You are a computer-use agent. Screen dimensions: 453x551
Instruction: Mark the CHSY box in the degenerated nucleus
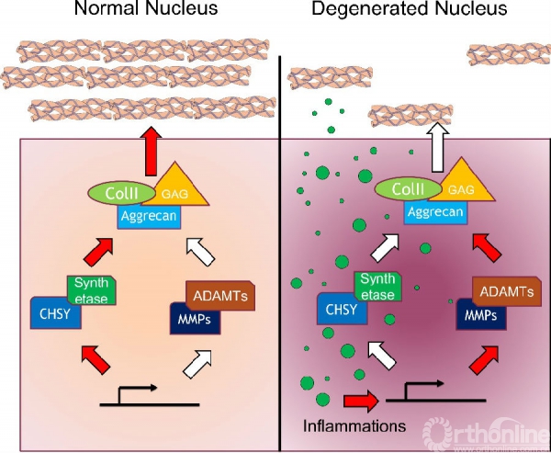(339, 308)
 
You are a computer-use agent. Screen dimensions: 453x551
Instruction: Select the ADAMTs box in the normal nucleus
(220, 296)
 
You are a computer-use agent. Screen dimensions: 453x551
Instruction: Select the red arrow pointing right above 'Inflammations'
(360, 401)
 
